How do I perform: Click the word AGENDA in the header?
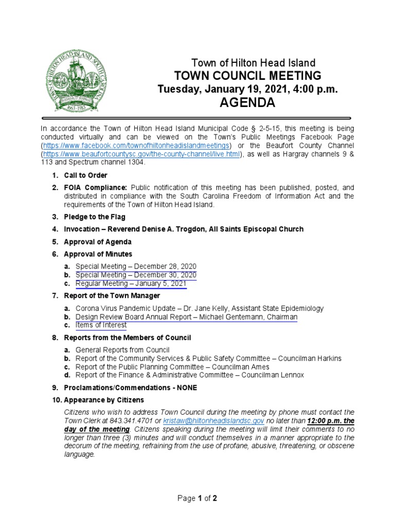[247, 103]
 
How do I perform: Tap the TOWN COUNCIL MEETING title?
[247, 76]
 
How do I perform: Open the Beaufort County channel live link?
[141, 154]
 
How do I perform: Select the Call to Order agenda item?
[85, 175]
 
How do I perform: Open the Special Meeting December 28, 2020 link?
[136, 266]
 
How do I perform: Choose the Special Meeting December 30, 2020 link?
[136, 275]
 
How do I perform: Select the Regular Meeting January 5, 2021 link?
[131, 284]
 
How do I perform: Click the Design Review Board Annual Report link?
[186, 317]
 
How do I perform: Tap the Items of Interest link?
[101, 325]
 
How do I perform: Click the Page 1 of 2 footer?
[197, 498]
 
